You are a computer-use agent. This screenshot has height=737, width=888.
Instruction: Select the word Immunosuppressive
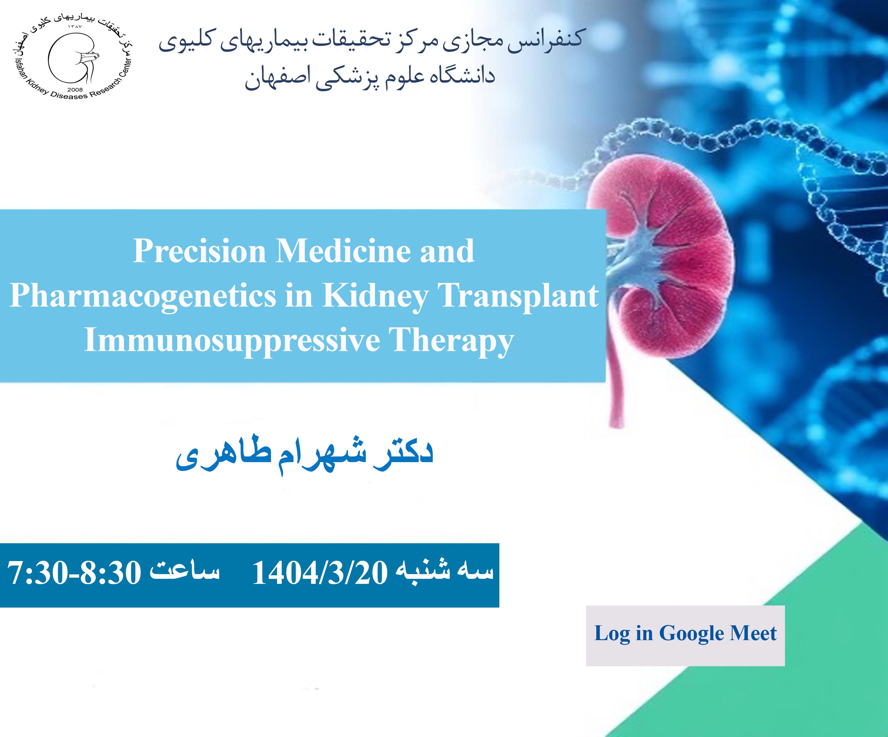[232, 341]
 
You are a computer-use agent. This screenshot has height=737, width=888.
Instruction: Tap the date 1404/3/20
[320, 574]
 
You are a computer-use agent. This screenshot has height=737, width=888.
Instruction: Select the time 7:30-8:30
[74, 574]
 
